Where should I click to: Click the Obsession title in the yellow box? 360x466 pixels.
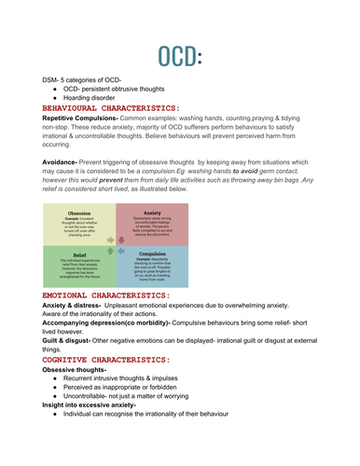tap(78, 212)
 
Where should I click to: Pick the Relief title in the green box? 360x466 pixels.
tap(78, 252)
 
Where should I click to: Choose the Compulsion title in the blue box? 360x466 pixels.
tap(153, 252)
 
